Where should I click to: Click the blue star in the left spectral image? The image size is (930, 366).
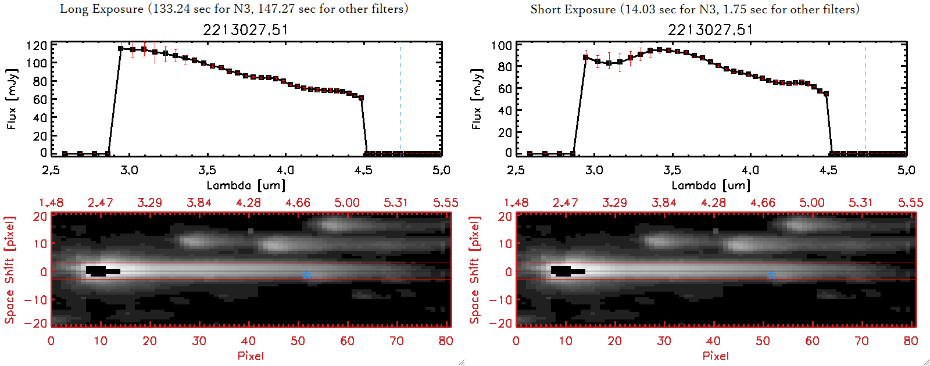point(307,275)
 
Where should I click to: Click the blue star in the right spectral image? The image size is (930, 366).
point(772,275)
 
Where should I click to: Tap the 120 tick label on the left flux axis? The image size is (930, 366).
point(37,45)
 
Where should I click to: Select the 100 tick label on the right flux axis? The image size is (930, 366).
point(502,45)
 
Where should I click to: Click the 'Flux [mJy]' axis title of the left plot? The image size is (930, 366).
point(12,99)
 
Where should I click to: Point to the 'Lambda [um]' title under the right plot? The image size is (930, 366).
point(711,185)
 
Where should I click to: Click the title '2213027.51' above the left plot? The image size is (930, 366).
point(245,30)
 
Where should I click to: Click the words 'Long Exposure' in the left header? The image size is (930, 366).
point(102,9)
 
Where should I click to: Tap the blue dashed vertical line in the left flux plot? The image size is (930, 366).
point(400,99)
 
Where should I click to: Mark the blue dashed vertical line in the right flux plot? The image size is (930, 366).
point(865,99)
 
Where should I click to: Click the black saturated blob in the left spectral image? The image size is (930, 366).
point(99,271)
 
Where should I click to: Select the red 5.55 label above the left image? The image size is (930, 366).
point(445,203)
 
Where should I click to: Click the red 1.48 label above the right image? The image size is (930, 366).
point(516,203)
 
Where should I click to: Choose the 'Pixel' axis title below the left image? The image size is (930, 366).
point(251,356)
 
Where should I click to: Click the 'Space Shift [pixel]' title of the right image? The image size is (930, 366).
point(475,270)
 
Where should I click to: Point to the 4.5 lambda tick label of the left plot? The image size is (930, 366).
point(363,170)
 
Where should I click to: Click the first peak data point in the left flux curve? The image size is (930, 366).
point(121,49)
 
